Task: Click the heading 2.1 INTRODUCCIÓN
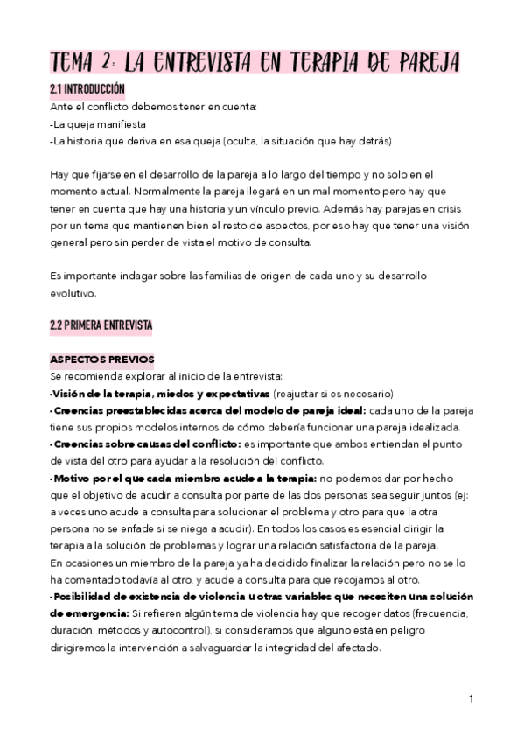coord(87,89)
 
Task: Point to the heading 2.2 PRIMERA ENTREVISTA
coord(101,326)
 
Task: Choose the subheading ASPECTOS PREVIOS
coord(101,360)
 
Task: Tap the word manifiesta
coord(117,123)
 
